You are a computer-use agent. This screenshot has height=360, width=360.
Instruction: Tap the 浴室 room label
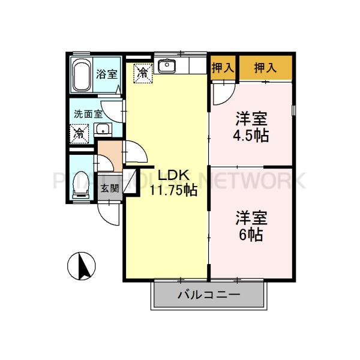[107, 75]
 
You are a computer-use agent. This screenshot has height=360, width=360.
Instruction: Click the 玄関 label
[109, 188]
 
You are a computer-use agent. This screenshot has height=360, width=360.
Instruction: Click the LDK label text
[173, 175]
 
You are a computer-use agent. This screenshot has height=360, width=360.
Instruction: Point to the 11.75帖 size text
[173, 190]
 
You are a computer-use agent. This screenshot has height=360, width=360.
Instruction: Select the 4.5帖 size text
[251, 134]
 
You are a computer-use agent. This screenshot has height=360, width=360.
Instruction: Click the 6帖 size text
[251, 234]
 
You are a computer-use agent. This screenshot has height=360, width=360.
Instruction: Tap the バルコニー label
[209, 295]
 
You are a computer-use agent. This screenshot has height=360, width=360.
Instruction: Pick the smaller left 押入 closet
[223, 68]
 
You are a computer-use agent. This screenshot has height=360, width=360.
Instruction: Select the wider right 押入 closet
[265, 68]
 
